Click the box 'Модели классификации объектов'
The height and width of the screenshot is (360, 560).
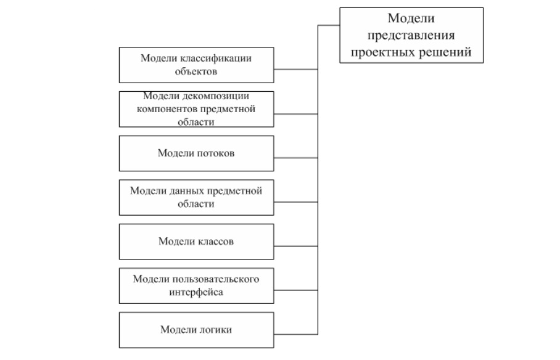pyautogui.click(x=196, y=65)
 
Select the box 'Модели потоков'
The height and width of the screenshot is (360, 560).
pyautogui.click(x=196, y=153)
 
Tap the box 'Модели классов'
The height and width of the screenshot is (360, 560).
pyautogui.click(x=196, y=242)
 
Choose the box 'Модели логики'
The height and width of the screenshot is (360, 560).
pyautogui.click(x=196, y=330)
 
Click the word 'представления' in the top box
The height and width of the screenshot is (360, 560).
pyautogui.click(x=411, y=36)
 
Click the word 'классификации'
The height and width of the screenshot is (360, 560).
pyautogui.click(x=215, y=59)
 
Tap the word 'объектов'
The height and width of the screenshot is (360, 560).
pyautogui.click(x=196, y=72)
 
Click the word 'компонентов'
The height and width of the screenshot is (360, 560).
pyautogui.click(x=167, y=109)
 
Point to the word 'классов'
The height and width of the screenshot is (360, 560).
pyautogui.click(x=215, y=242)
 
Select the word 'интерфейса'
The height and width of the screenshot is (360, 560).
pyautogui.click(x=196, y=292)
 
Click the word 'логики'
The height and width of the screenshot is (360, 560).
pyautogui.click(x=215, y=330)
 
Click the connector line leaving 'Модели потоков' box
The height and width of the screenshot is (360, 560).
pyautogui.click(x=295, y=158)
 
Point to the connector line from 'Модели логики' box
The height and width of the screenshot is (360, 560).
pyautogui.click(x=295, y=334)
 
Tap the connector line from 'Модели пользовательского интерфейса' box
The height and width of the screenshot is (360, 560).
pyautogui.click(x=295, y=290)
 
